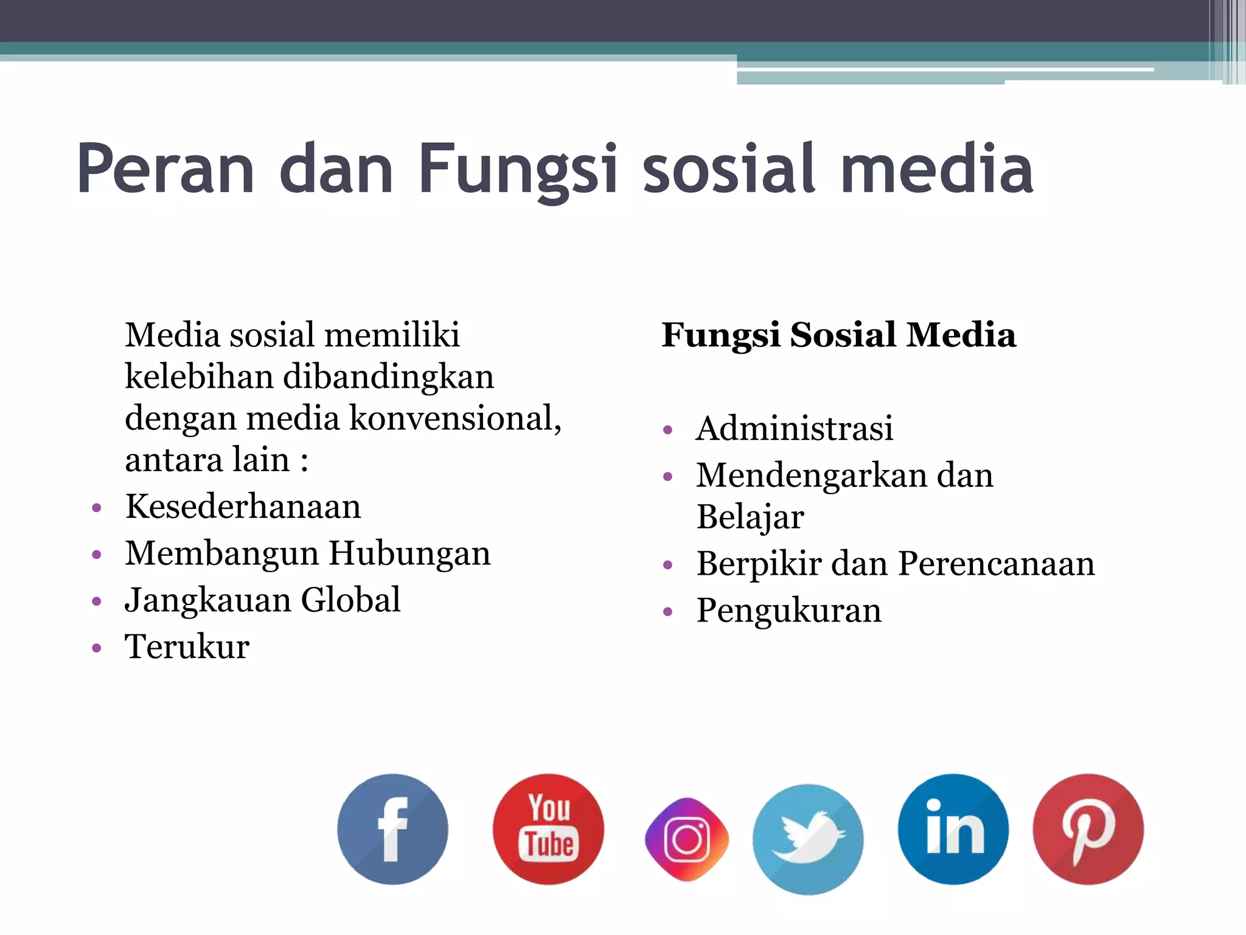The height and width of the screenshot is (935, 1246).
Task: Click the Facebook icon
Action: (392, 829)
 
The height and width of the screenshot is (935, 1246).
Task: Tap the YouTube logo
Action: (548, 829)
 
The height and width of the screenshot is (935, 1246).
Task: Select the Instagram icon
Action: (687, 839)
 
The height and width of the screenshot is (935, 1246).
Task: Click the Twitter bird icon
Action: (808, 839)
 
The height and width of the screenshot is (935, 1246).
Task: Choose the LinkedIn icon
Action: (953, 829)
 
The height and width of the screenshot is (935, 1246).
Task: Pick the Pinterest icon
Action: (1088, 829)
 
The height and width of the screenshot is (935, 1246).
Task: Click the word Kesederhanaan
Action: (243, 506)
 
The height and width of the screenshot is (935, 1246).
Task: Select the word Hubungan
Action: (409, 554)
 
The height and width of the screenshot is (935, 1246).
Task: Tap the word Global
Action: (350, 600)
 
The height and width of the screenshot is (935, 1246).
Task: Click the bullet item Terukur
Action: (187, 646)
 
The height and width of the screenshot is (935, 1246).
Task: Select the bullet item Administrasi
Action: (795, 428)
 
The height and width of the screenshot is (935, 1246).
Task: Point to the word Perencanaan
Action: (996, 564)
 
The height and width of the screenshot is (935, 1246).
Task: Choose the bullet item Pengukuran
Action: (788, 611)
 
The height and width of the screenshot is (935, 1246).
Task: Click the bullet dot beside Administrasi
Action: (668, 430)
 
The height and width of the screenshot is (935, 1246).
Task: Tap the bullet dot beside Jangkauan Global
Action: (96, 601)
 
